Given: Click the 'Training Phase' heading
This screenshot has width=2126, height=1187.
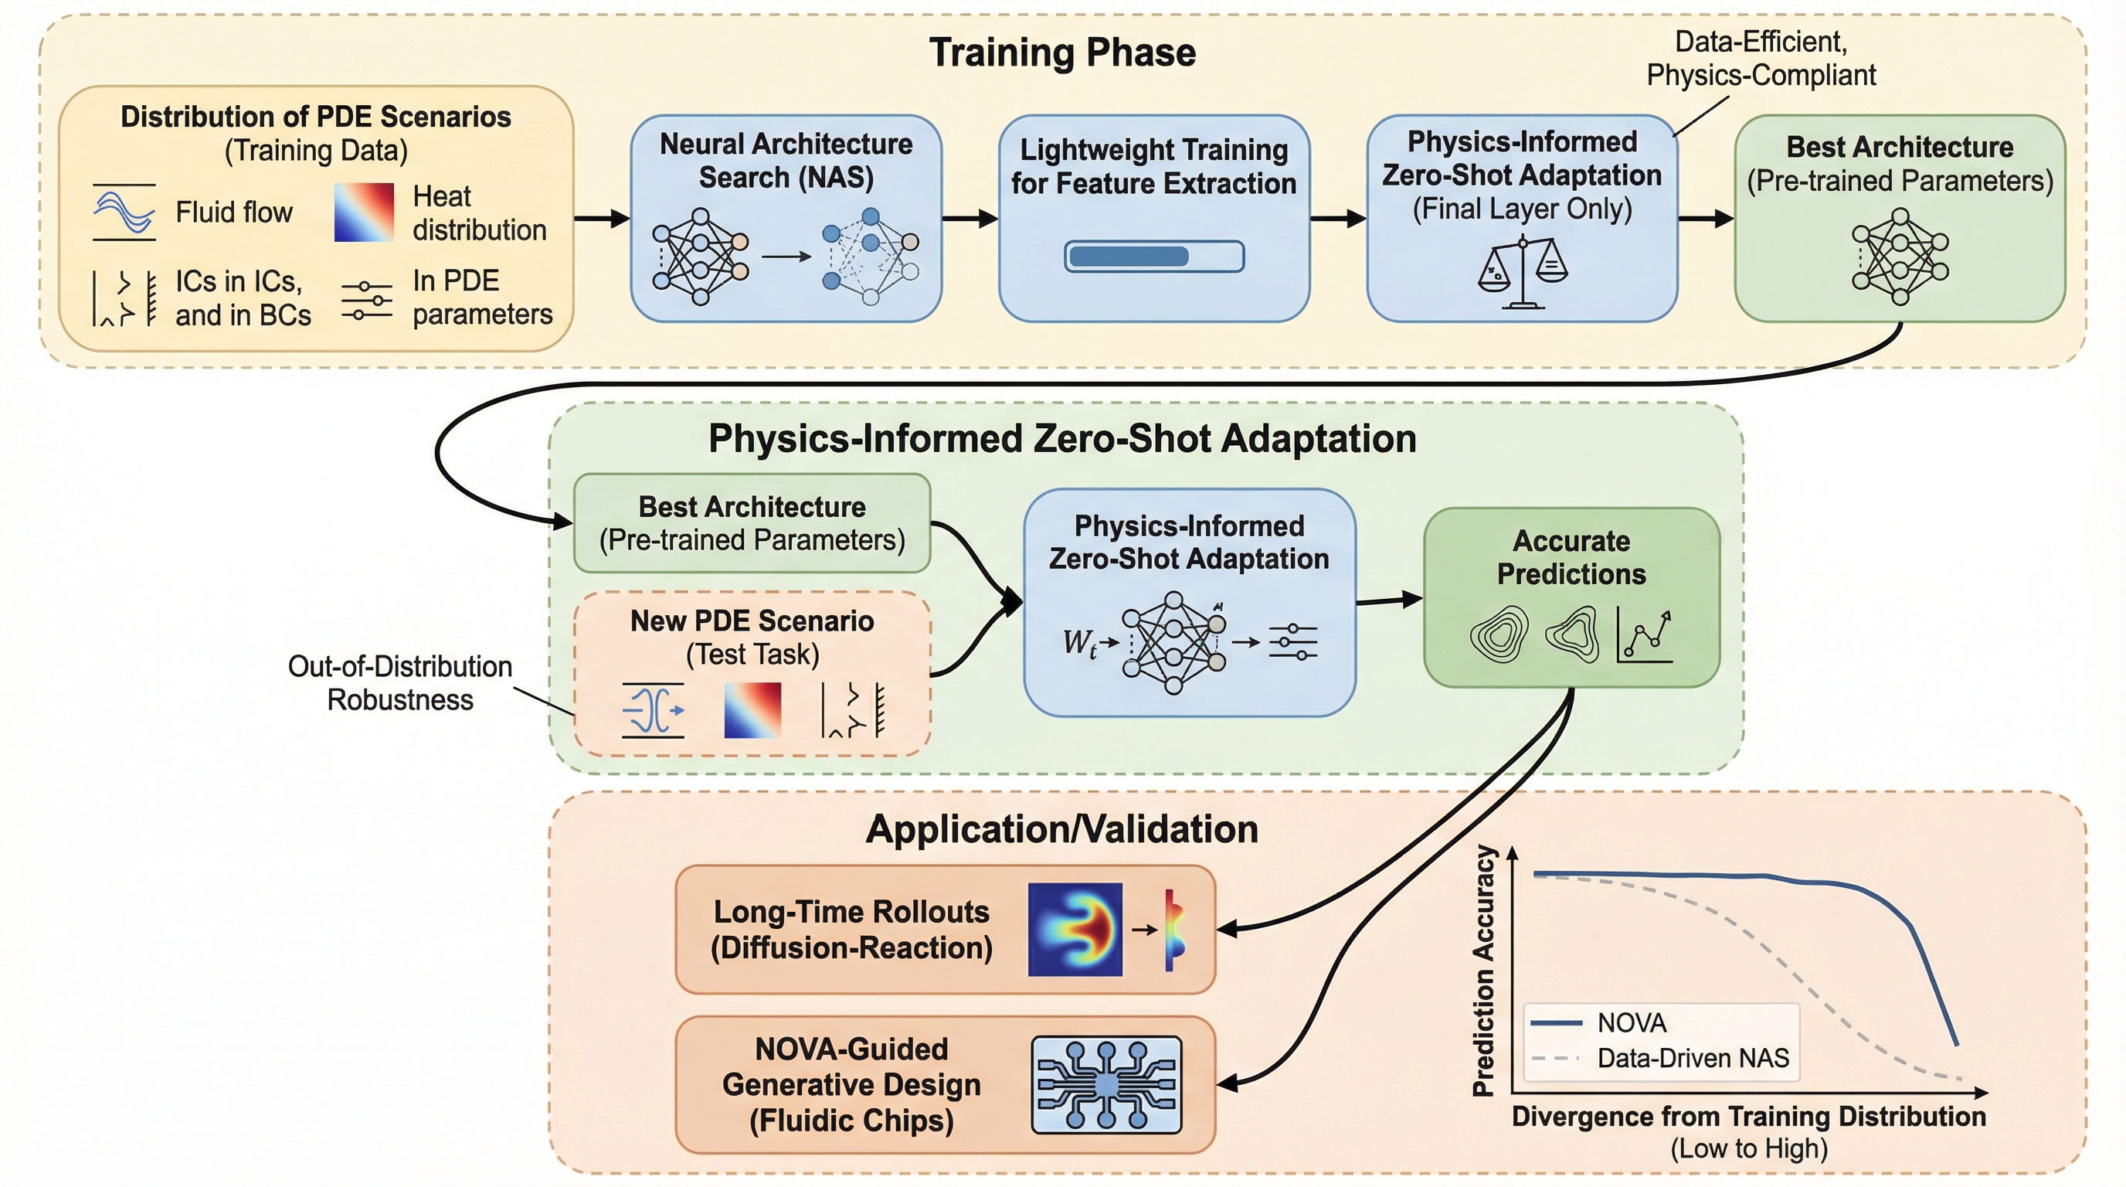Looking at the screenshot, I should pos(1062,53).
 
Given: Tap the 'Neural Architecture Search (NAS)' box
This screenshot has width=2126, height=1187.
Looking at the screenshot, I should pos(786,218).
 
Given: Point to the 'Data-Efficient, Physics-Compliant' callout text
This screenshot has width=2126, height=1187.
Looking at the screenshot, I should pos(1761,59).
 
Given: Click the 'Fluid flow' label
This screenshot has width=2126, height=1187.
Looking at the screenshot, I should pos(233,213).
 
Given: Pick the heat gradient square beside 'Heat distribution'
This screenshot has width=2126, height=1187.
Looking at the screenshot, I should pos(364,213).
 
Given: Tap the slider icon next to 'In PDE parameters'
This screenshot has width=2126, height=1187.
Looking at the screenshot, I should pos(367,300).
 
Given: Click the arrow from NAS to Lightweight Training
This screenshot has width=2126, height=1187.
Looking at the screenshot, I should pos(970,219).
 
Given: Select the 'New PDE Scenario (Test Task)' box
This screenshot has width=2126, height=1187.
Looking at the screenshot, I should pos(752,673).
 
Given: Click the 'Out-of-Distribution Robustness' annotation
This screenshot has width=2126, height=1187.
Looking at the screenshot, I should pos(400,682).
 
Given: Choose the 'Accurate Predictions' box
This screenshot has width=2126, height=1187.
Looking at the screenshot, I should pos(1571,597).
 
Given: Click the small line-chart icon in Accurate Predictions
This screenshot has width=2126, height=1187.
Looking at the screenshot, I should pos(1645,634).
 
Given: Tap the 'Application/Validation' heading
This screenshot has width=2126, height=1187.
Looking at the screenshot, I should pos(1061,828).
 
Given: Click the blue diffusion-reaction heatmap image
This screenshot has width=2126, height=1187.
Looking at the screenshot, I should pos(1075,930).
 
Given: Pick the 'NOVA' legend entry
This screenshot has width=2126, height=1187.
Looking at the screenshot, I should pos(1632,1022).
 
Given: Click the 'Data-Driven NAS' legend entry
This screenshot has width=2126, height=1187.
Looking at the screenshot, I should pos(1693,1058).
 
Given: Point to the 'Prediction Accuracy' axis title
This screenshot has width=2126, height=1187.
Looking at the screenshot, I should pos(1484,970).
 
